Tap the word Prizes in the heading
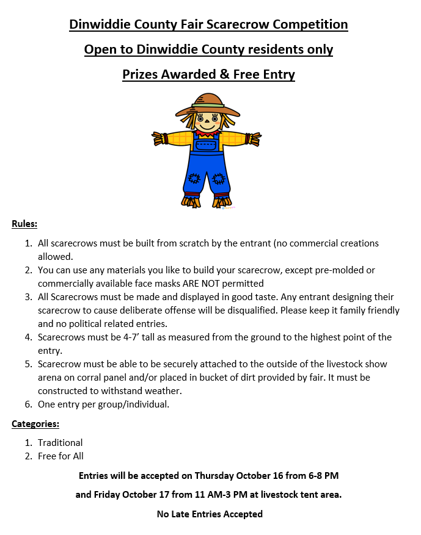pos(140,74)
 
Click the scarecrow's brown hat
pos(208,104)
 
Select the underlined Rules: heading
pos(24,224)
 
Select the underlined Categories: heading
pos(35,423)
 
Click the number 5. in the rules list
pos(28,364)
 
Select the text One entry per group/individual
pos(103,404)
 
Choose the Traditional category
pos(60,443)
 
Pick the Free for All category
pos(60,456)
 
